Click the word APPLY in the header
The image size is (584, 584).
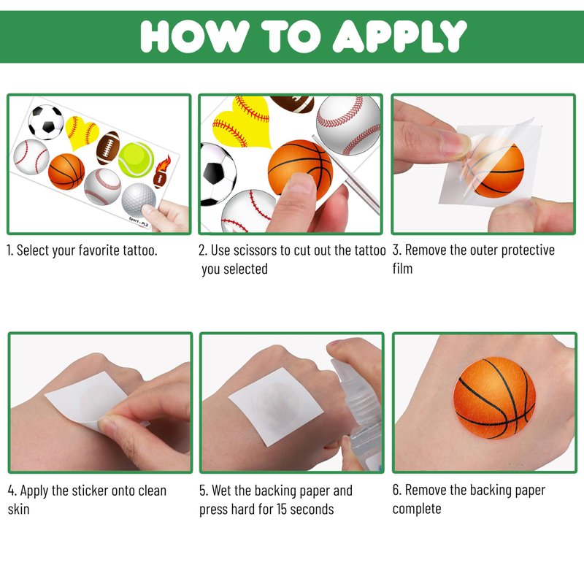click(x=399, y=36)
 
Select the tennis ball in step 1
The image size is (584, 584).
click(x=136, y=159)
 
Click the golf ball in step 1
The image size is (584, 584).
click(x=139, y=200)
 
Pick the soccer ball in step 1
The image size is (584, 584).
click(x=46, y=122)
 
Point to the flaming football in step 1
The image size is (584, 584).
click(x=162, y=172)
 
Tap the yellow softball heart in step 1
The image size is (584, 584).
click(x=82, y=132)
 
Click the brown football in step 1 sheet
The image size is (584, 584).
click(x=108, y=148)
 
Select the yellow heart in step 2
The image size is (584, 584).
click(x=242, y=122)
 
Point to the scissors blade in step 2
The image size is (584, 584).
click(x=346, y=174)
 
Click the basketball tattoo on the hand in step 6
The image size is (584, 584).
click(x=495, y=398)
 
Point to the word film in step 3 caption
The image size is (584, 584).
click(x=403, y=268)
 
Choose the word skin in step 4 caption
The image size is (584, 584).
click(x=19, y=509)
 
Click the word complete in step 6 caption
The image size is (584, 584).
click(x=417, y=509)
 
